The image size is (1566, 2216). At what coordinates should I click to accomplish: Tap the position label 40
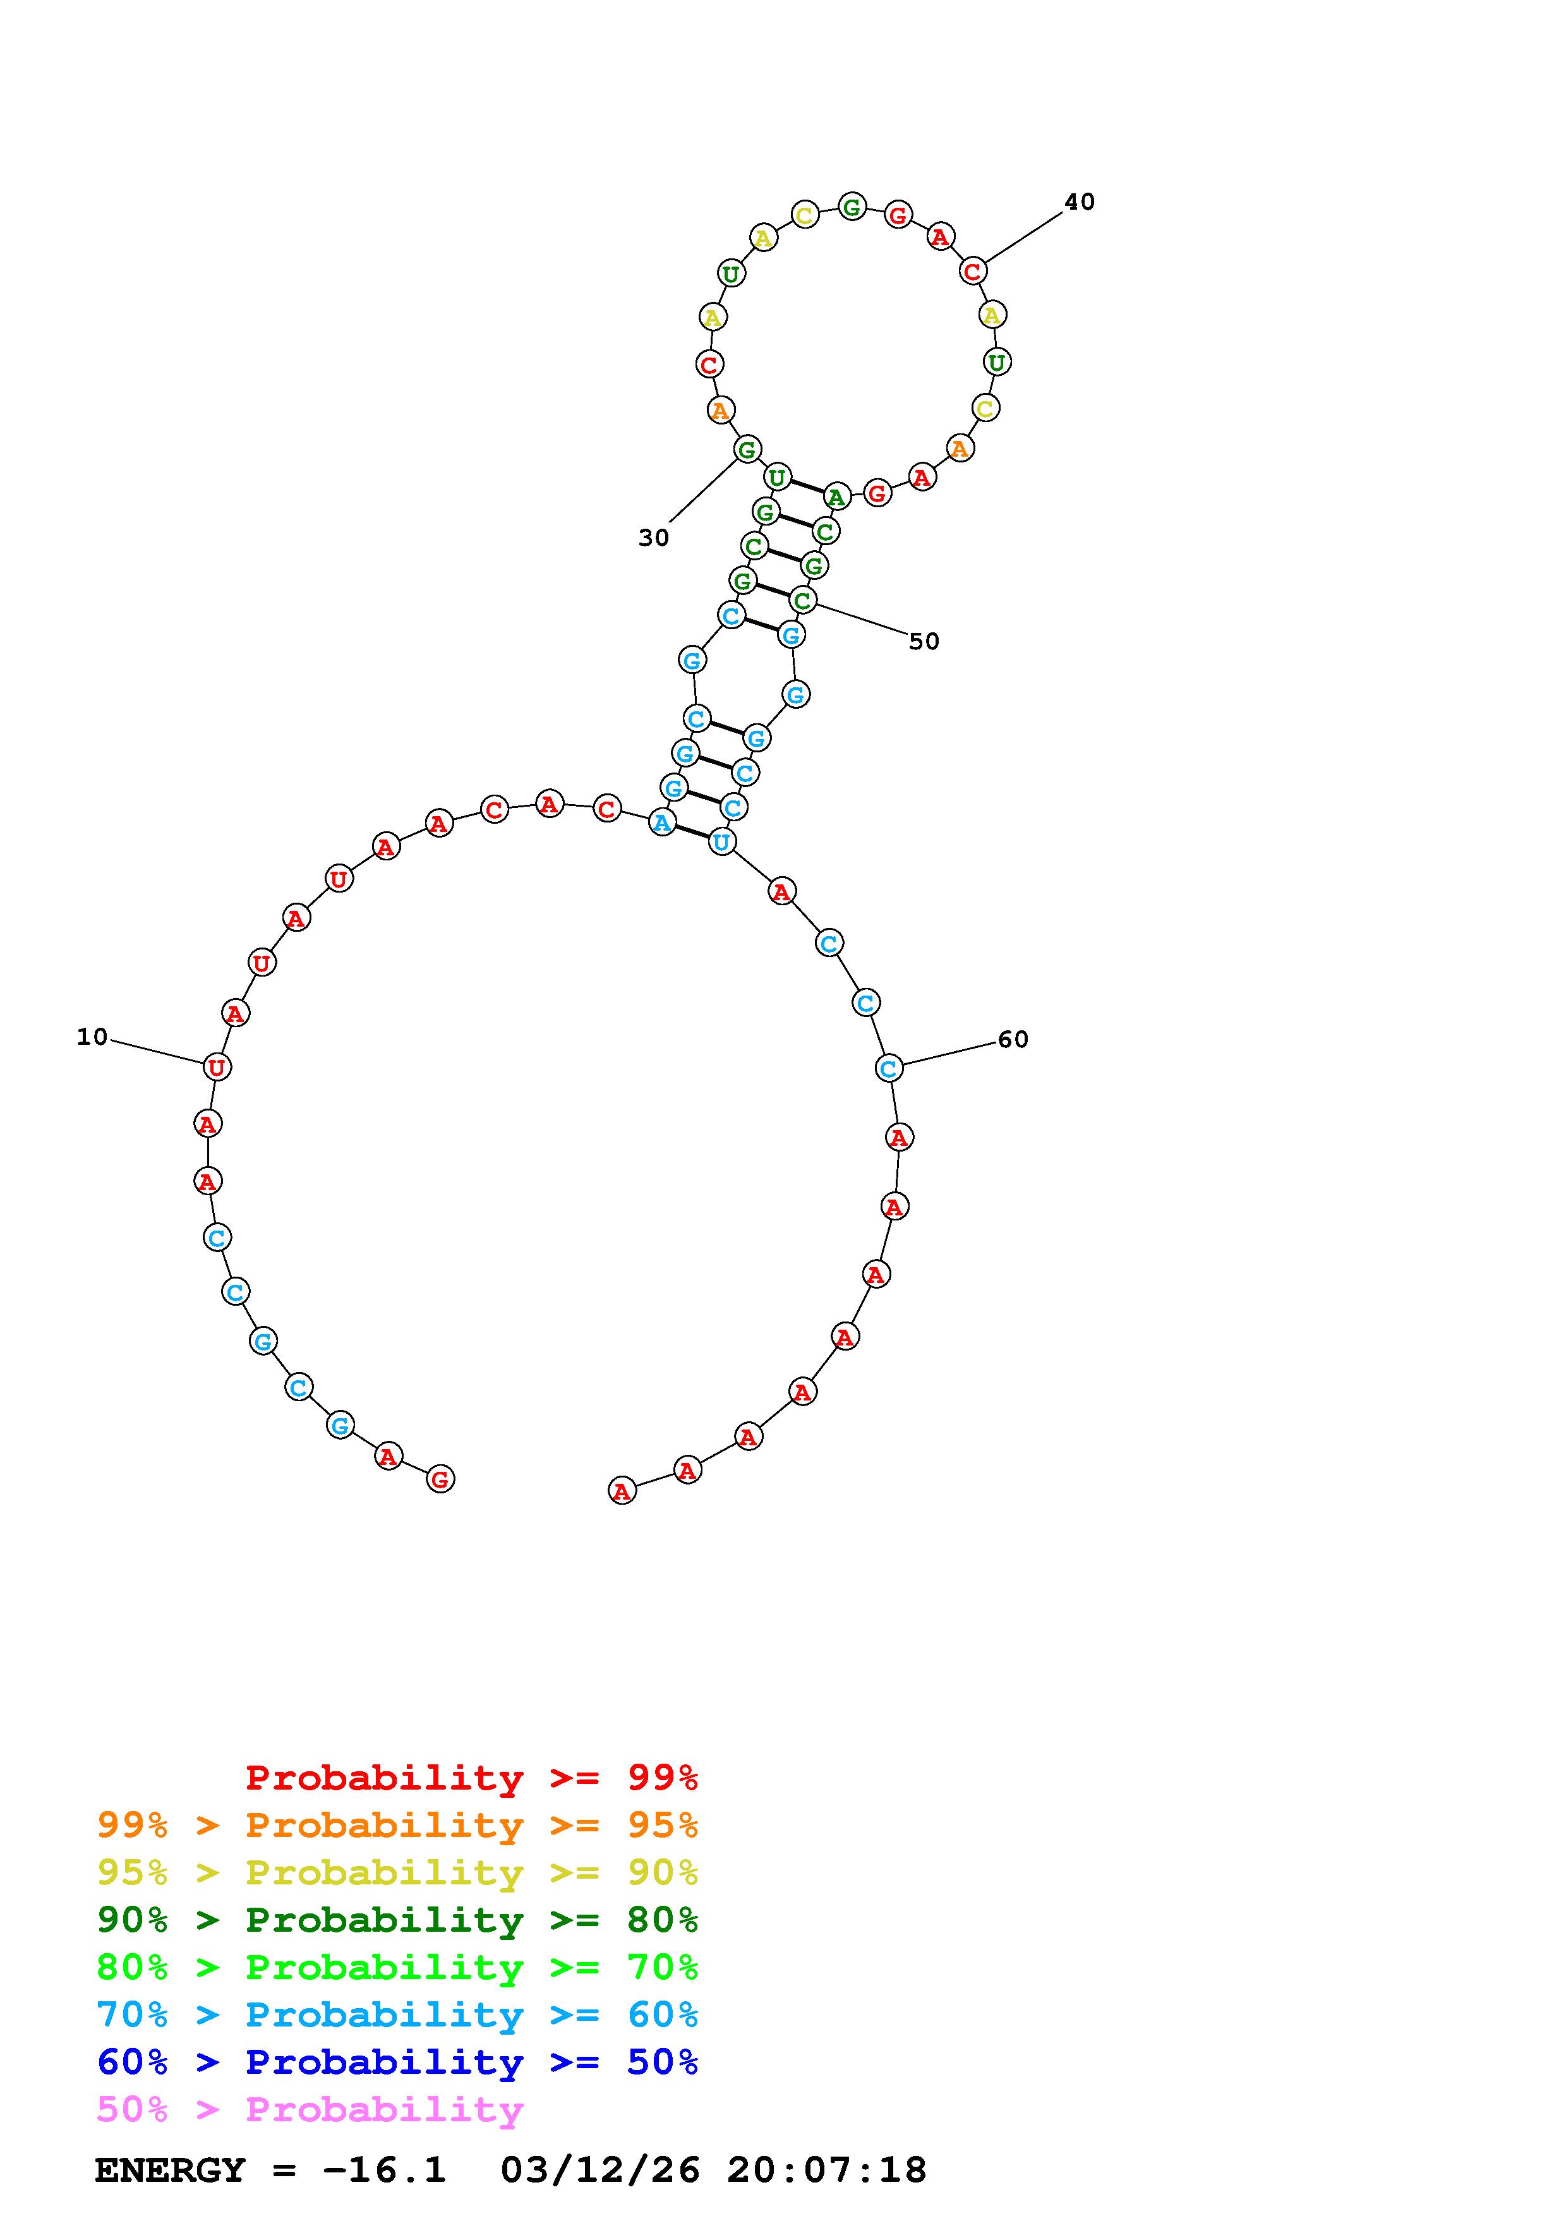pyautogui.click(x=1080, y=202)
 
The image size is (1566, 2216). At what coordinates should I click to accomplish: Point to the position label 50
pyautogui.click(x=924, y=641)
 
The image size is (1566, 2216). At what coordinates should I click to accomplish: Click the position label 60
pyautogui.click(x=1013, y=1040)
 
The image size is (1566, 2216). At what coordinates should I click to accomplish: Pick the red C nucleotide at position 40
pyautogui.click(x=973, y=271)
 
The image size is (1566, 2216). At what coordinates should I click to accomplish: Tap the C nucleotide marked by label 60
pyautogui.click(x=889, y=1068)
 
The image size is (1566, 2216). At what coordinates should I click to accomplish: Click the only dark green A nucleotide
pyautogui.click(x=836, y=497)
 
